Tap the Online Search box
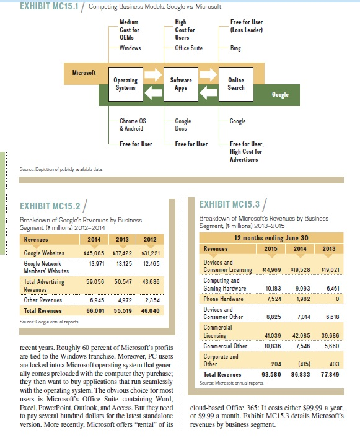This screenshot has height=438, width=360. click(x=236, y=84)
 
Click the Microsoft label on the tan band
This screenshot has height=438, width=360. click(x=84, y=72)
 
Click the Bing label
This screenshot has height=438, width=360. click(x=235, y=48)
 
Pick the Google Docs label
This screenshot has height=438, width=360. click(x=183, y=125)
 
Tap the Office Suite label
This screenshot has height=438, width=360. click(x=189, y=48)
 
